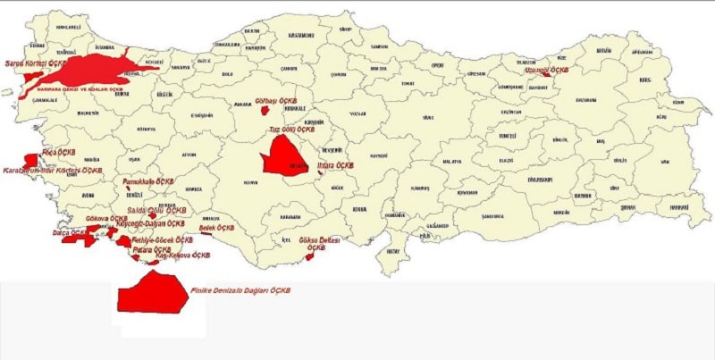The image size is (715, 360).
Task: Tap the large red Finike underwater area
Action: pos(152,293)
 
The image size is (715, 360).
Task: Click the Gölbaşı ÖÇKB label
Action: pos(273,100)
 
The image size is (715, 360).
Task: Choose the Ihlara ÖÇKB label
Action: pos(335,165)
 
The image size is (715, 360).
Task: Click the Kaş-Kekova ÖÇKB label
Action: pos(182,255)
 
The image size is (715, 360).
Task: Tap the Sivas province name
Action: pos(428,117)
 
